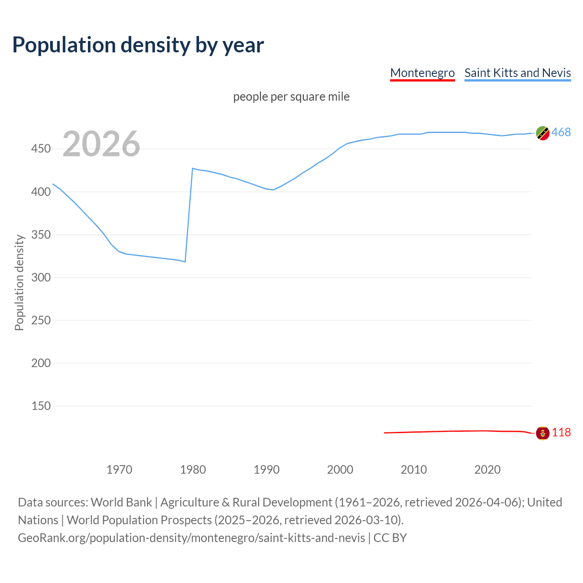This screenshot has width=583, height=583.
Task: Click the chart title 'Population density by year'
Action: (138, 45)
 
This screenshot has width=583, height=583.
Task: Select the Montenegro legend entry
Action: (422, 73)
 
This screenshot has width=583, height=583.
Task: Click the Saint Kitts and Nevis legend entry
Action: (517, 73)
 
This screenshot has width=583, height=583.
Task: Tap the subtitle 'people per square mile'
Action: (291, 97)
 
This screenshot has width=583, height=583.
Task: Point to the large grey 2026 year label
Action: (101, 144)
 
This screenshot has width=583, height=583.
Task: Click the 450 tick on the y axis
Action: (41, 149)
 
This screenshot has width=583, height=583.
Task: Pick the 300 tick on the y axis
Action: (41, 277)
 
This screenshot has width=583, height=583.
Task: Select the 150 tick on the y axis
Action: (41, 406)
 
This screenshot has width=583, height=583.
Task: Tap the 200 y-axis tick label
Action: (41, 363)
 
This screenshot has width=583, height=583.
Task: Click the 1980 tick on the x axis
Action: (193, 470)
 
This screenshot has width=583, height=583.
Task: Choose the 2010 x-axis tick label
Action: (414, 470)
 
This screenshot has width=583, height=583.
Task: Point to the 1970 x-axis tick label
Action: (119, 470)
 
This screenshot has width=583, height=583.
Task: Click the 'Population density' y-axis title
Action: (19, 282)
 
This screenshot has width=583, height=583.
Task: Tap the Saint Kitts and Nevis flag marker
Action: (542, 133)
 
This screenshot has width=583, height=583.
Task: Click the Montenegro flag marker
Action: (542, 433)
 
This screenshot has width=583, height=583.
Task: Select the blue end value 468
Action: (561, 133)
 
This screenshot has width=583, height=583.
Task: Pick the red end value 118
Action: (561, 432)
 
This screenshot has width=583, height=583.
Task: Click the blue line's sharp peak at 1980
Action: (193, 169)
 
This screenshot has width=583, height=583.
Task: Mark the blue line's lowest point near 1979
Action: (185, 261)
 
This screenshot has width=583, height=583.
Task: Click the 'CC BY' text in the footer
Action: (390, 538)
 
